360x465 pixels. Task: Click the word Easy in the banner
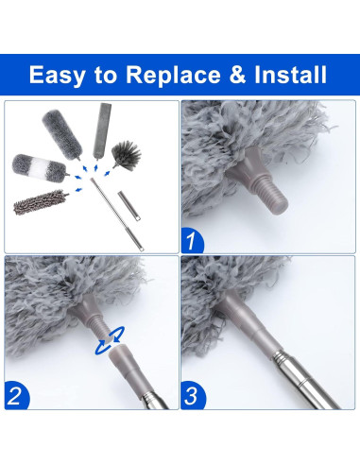click(57, 75)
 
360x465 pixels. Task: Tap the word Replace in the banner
click(173, 75)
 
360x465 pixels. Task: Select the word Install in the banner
click(290, 75)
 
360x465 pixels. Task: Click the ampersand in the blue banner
click(236, 75)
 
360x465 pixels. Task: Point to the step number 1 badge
click(192, 240)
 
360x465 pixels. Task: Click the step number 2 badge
click(16, 395)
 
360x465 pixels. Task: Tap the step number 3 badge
click(193, 395)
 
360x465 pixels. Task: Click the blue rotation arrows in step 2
click(110, 340)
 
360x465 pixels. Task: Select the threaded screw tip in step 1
click(275, 197)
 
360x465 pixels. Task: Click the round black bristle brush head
click(127, 155)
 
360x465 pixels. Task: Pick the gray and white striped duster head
click(39, 167)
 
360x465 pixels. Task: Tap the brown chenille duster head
click(41, 202)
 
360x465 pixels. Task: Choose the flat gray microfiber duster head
click(101, 131)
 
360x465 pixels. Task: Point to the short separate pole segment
click(129, 205)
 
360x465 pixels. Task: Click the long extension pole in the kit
click(117, 215)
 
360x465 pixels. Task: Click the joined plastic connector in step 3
click(249, 325)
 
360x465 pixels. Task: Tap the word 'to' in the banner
click(105, 76)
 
